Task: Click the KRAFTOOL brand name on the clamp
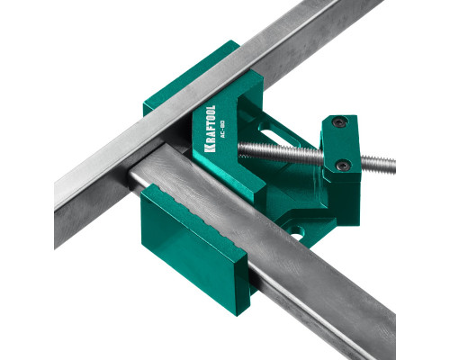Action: coord(210,129)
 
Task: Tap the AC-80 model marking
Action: coord(222,129)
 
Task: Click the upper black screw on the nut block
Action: coord(339,121)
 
